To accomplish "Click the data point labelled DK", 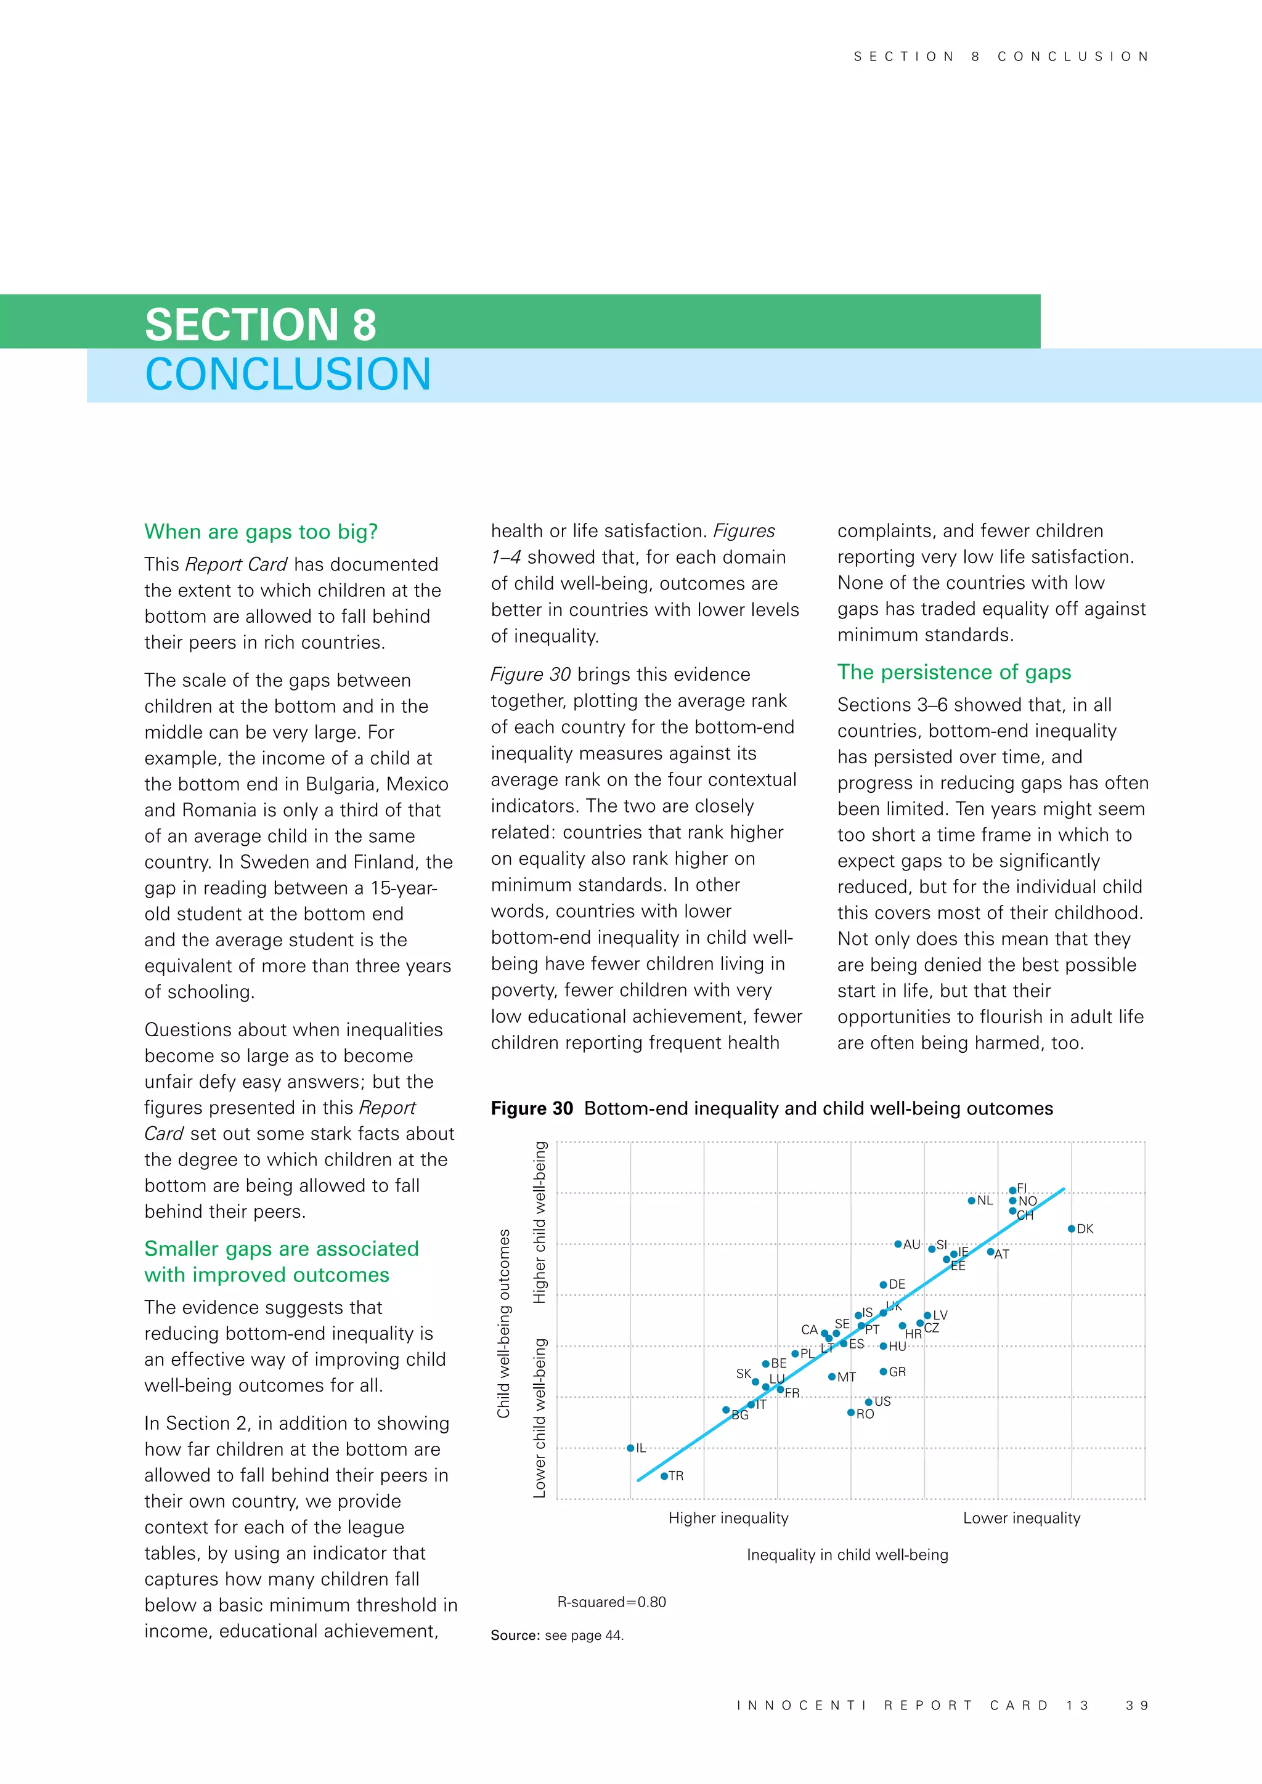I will pos(1071,1228).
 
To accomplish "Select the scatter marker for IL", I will pos(630,1448).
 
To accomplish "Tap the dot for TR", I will pos(664,1475).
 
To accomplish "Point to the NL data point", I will pos(971,1201).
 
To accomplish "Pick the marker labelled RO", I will pos(851,1413).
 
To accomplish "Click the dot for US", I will pos(869,1401).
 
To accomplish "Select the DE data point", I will pos(883,1284).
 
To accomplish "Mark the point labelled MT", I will pos(831,1377).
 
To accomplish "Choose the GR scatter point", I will pos(883,1371).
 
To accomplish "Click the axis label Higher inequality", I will pos(728,1517).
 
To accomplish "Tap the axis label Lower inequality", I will pos(1021,1517).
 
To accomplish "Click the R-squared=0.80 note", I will pos(611,1602).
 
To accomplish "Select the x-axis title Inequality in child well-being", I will pos(847,1554).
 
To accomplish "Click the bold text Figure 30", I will pos(532,1108).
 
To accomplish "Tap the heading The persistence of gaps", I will pos(953,671).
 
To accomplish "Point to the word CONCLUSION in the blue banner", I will pos(288,375).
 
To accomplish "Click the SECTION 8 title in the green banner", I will pos(260,324).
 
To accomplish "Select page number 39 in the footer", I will pos(1137,1705).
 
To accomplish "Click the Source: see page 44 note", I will pos(557,1635).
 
